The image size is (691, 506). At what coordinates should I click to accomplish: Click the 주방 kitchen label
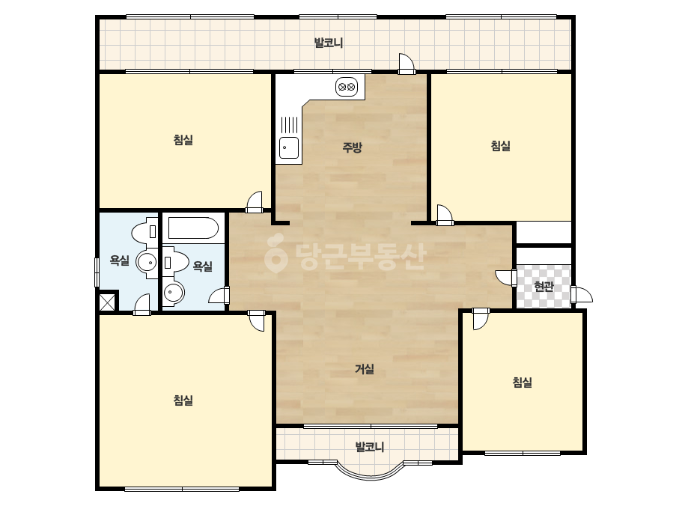pos(352,147)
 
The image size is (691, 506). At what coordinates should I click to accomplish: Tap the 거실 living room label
pos(365,368)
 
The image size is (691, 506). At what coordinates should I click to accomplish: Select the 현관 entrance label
pos(544,287)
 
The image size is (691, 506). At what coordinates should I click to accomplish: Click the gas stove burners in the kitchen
pos(347,87)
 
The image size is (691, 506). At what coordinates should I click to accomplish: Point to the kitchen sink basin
pos(289,147)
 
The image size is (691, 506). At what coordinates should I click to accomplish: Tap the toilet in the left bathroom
pos(144,232)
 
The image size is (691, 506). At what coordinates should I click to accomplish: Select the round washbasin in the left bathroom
pos(146,263)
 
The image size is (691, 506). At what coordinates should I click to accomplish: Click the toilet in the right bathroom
pos(175,262)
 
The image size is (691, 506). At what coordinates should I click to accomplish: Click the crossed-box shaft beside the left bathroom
pos(107,302)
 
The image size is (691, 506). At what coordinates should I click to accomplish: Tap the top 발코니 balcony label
pos(329,43)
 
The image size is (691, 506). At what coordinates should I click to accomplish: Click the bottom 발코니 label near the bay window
pos(370,447)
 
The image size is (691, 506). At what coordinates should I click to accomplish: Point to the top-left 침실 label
pos(183,140)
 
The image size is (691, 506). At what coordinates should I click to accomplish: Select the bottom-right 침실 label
pos(523,382)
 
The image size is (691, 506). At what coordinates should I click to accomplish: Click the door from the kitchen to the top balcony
pos(407,64)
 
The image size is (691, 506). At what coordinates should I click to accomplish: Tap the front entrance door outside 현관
pos(581,294)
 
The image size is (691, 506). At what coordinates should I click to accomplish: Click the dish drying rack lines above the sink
pos(289,125)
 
